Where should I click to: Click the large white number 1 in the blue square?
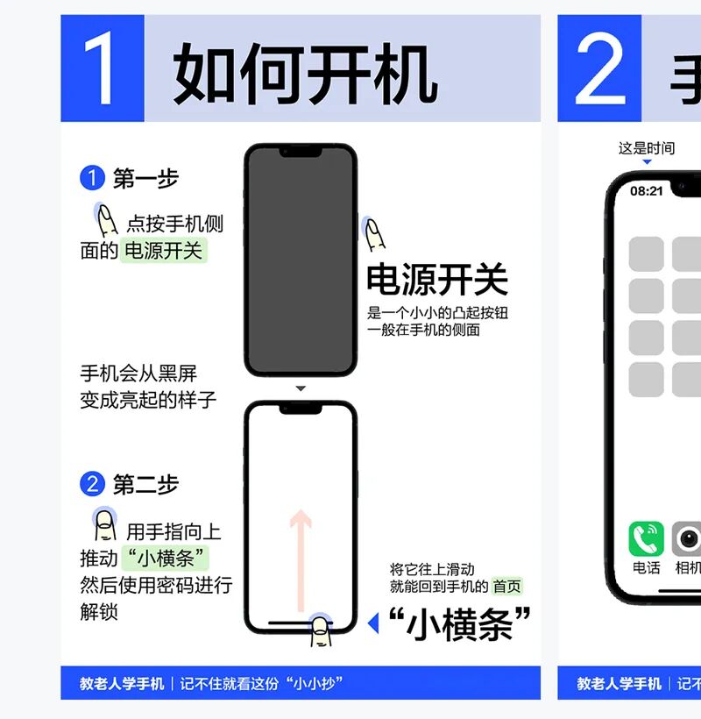coord(99,68)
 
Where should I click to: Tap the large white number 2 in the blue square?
coord(600,68)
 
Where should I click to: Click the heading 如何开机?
coord(305,73)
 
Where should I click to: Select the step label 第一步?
coord(145,178)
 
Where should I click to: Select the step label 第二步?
coord(145,484)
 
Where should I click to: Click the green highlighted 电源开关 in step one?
coord(164,251)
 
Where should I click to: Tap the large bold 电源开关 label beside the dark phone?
coord(437,279)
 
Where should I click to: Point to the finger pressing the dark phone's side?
coord(374,234)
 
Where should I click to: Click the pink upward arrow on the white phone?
coord(301,560)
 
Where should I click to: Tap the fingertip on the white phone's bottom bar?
coord(322,630)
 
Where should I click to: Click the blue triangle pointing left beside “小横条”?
coord(373,623)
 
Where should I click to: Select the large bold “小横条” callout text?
coord(459,623)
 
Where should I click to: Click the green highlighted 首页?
coord(506,586)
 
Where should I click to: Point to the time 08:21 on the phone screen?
coord(647,191)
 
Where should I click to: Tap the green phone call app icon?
coord(646,538)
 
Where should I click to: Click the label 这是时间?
coord(647,148)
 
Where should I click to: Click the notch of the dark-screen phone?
coord(301,152)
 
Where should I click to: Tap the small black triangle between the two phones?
coord(301,388)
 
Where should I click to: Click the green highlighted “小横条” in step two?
coord(166,558)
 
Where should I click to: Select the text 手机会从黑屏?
coord(138,374)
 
